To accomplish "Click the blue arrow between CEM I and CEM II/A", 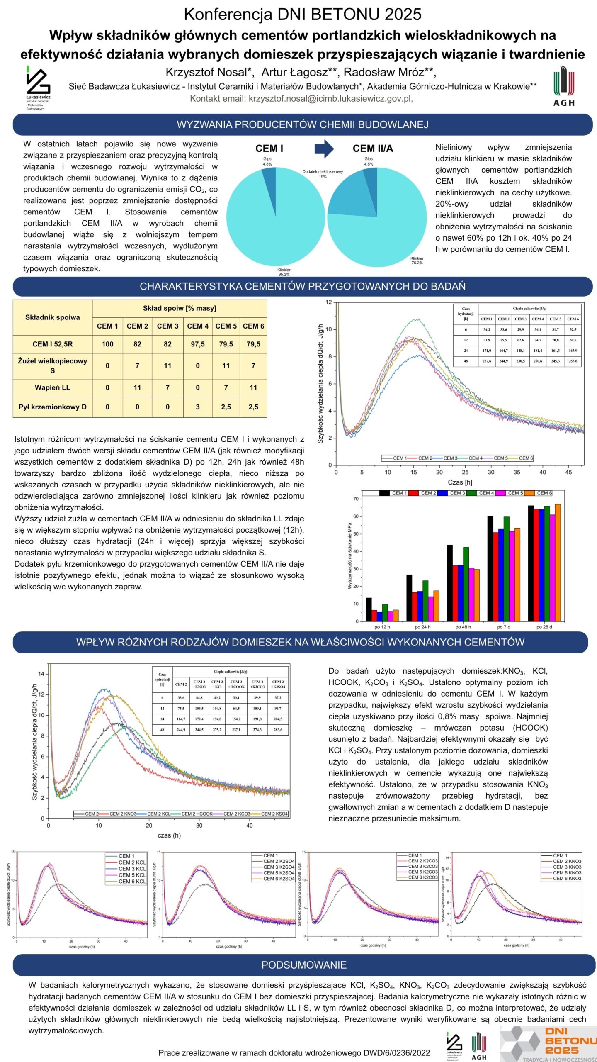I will [x=324, y=149].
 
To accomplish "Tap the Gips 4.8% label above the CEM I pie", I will [x=267, y=161].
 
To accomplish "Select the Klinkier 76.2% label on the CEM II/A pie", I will [x=417, y=261].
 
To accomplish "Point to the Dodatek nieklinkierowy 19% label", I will [x=323, y=174].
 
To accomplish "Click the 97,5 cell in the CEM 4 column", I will [x=198, y=344].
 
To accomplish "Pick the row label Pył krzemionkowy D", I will [x=53, y=407].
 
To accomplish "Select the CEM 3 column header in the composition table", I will [x=167, y=326].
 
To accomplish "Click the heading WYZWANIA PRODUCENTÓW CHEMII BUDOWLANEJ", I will [x=303, y=124].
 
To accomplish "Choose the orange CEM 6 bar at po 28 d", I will [x=558, y=563].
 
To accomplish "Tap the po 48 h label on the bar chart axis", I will [x=463, y=627].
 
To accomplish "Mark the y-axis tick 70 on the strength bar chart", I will [x=356, y=499].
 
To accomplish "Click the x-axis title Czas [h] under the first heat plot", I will [x=460, y=482].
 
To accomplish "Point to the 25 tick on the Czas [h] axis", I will [x=465, y=472].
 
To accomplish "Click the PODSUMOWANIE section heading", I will [x=304, y=965].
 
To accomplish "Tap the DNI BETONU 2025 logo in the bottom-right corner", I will [x=551, y=1043].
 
